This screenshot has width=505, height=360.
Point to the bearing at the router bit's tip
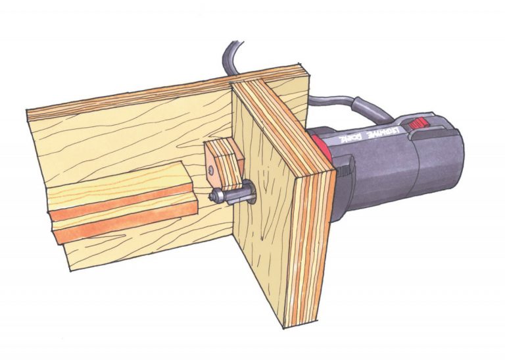215,195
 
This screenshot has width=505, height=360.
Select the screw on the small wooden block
210,169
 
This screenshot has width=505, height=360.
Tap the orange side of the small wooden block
212,163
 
